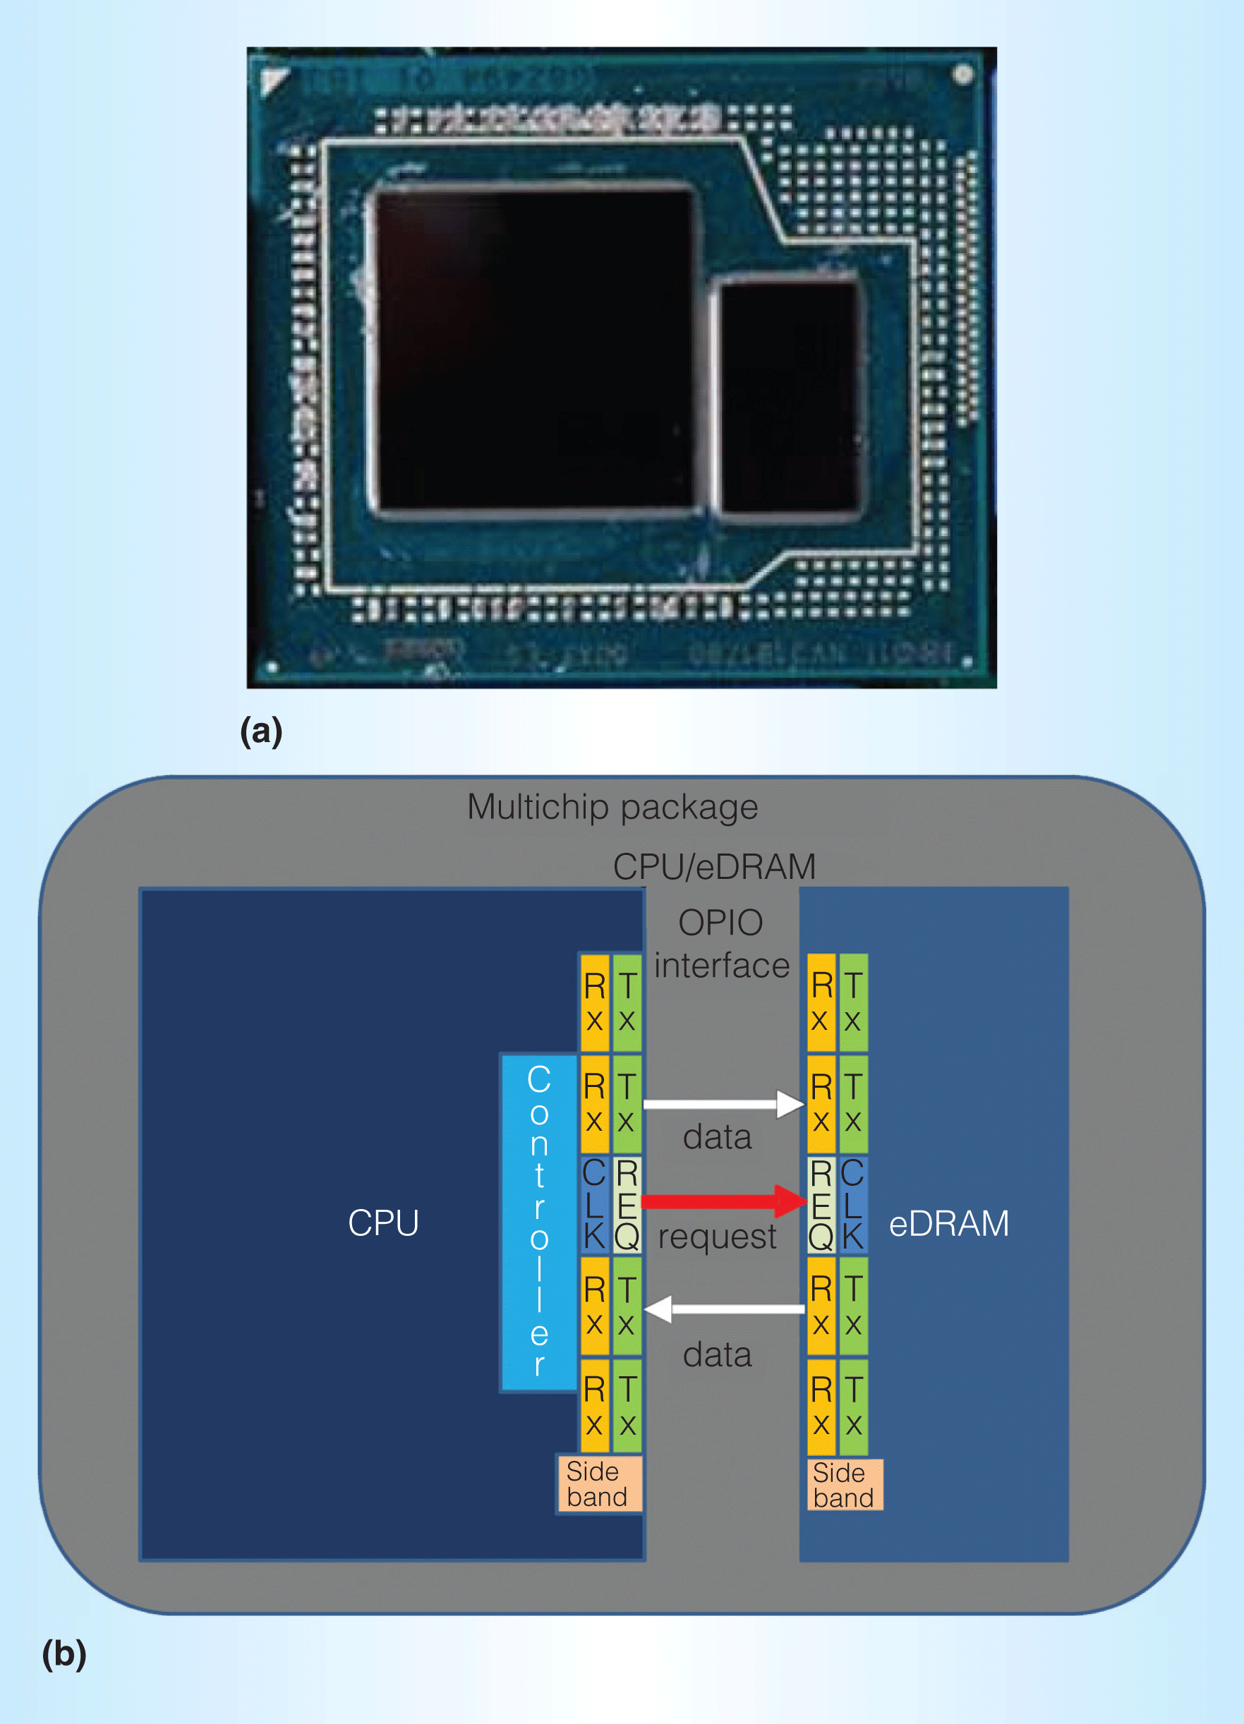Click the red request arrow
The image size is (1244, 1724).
click(x=723, y=1201)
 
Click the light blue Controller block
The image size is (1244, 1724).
click(x=538, y=1222)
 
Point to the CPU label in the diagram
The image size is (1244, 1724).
click(x=383, y=1223)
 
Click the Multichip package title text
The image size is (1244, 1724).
click(x=612, y=807)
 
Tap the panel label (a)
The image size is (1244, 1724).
click(x=261, y=732)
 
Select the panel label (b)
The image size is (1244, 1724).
click(x=64, y=1654)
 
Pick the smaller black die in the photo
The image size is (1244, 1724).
click(x=790, y=399)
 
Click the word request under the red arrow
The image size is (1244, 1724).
click(x=717, y=1237)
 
